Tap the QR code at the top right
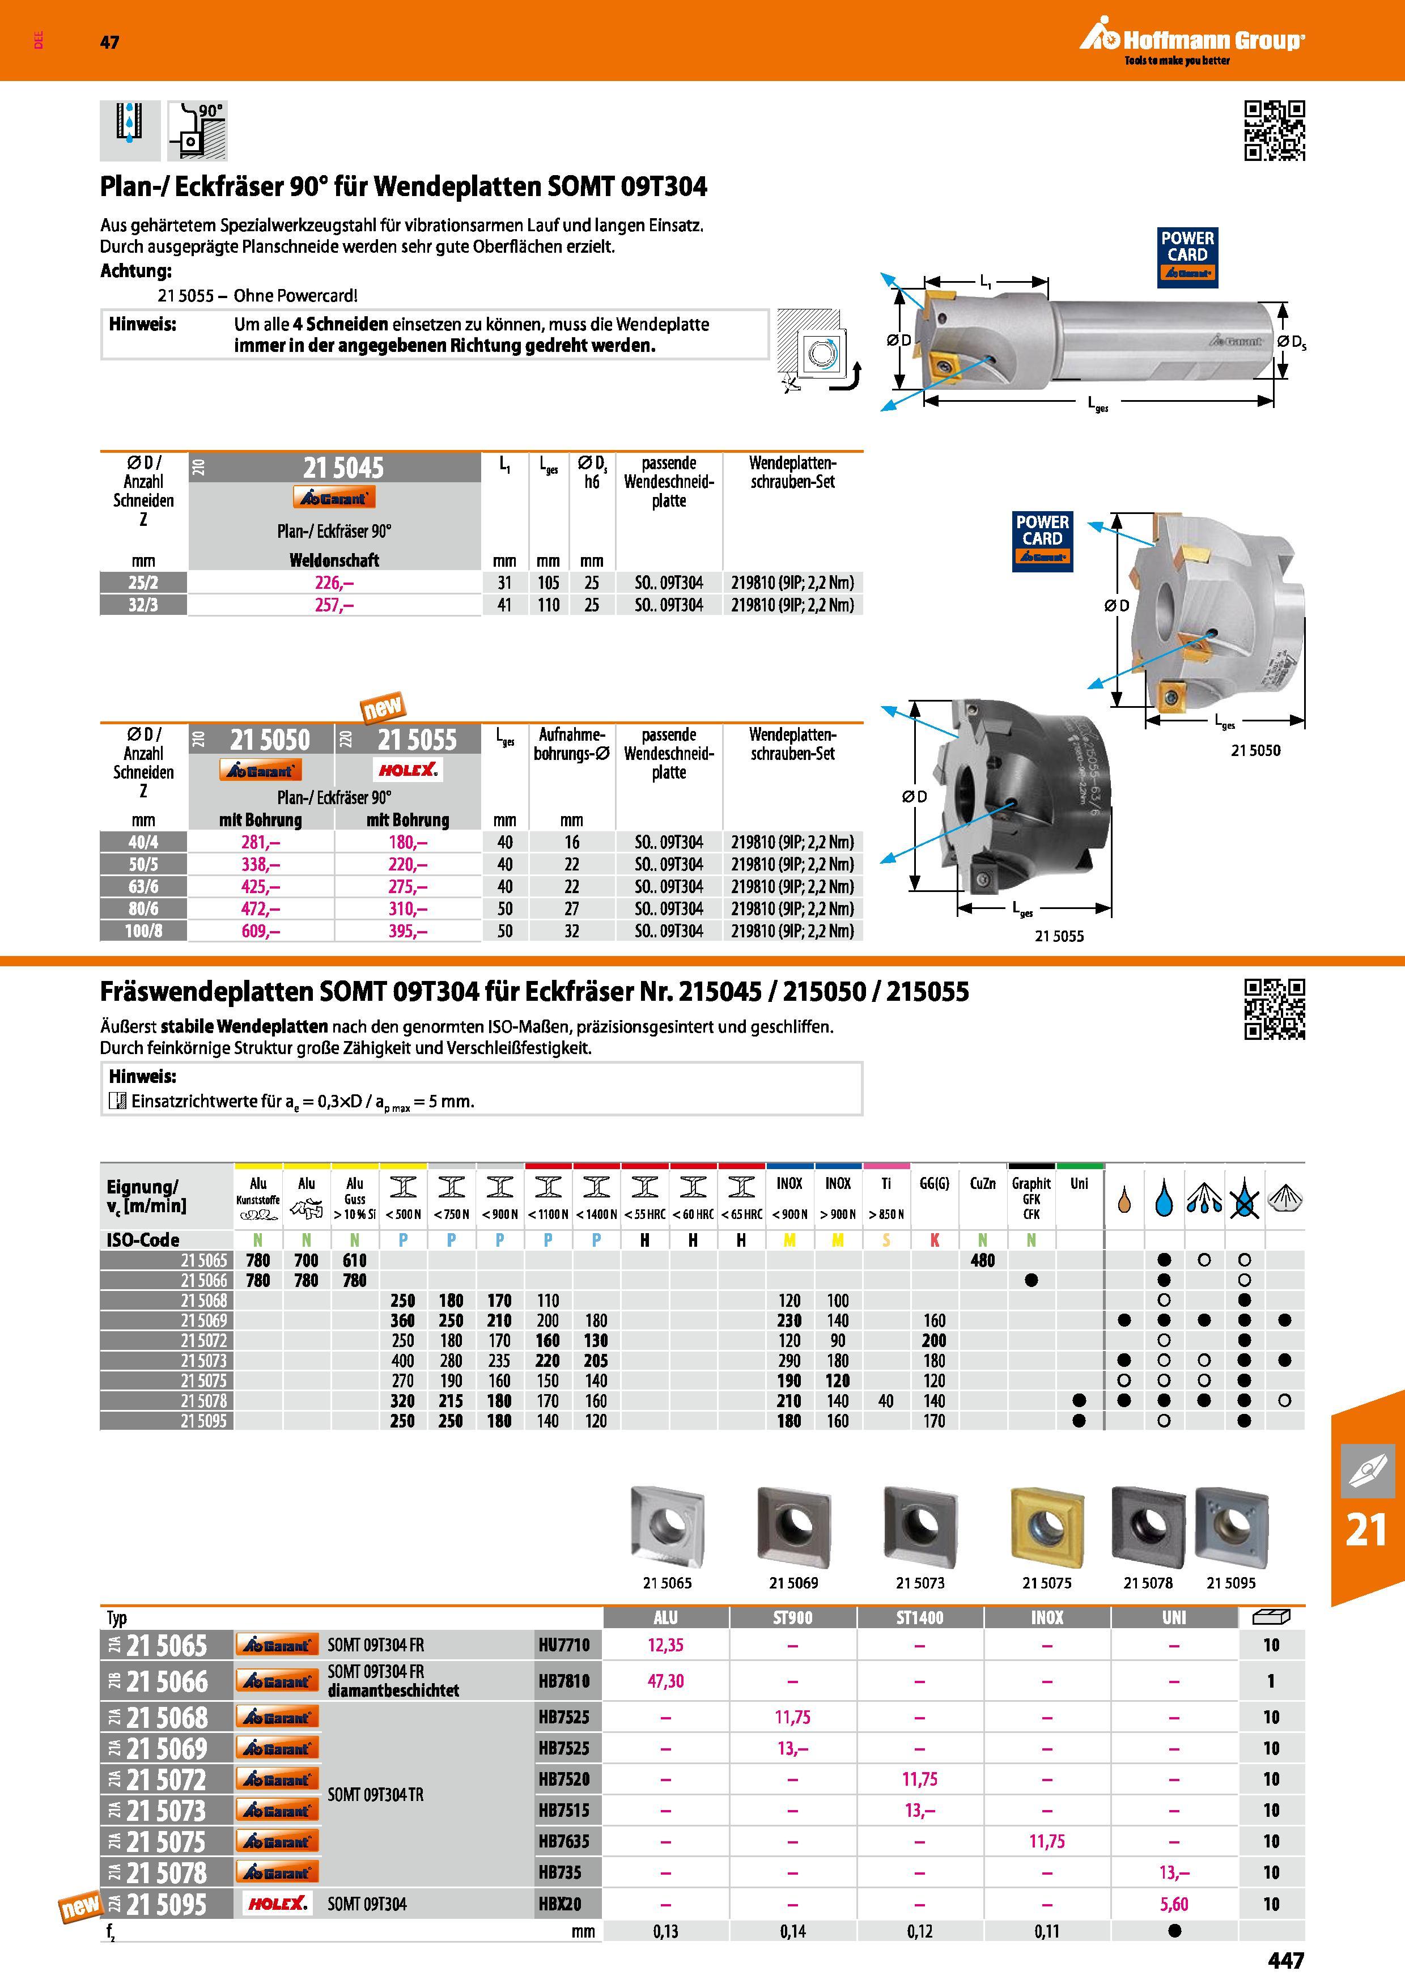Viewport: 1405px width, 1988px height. tap(1274, 131)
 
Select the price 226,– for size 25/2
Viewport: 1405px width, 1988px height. tap(334, 583)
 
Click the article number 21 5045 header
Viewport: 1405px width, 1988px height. tap(343, 469)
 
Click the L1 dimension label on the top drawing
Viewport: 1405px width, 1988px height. tap(986, 281)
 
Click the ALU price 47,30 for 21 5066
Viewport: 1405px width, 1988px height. tap(666, 1681)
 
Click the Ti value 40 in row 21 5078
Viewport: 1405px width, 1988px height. tap(886, 1401)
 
